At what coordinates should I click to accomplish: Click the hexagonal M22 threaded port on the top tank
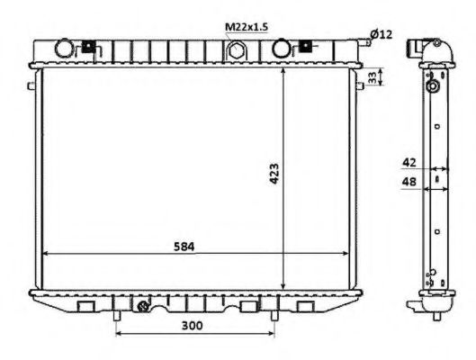(236, 50)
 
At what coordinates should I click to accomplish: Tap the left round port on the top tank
(67, 47)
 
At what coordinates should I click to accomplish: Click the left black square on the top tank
(88, 47)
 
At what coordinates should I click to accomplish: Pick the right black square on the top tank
(306, 44)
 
